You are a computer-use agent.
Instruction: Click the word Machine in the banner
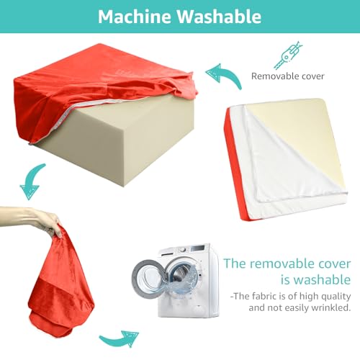[135, 17]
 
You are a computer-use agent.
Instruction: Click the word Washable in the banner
[219, 17]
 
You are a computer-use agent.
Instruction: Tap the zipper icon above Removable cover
[288, 55]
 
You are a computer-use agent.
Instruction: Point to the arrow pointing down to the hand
[32, 181]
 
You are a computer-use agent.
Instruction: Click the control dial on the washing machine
[183, 250]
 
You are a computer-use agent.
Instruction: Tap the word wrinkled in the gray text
[331, 307]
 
